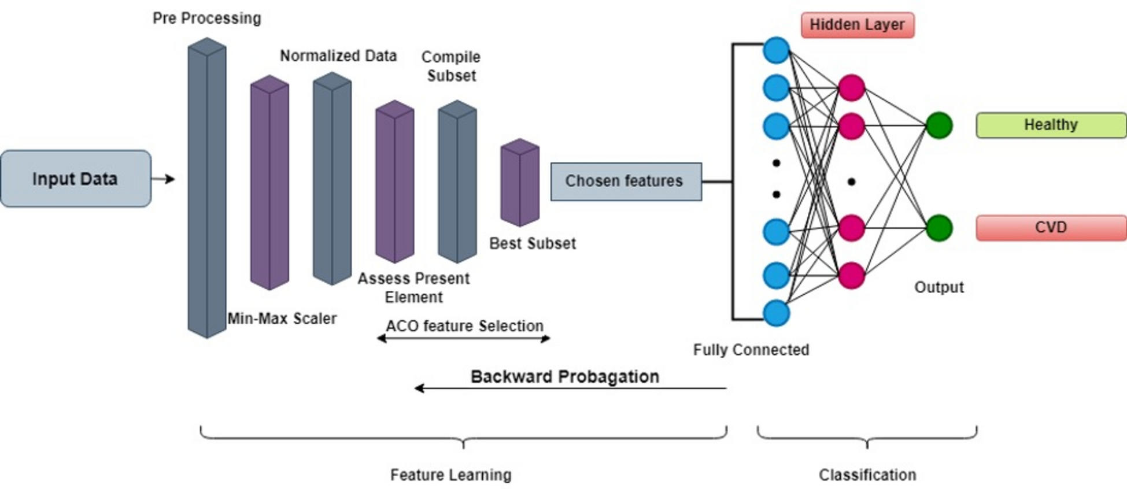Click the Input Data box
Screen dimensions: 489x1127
click(76, 179)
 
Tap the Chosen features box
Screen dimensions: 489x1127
click(626, 181)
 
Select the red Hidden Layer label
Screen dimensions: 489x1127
click(857, 25)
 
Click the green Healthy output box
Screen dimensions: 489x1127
click(1051, 125)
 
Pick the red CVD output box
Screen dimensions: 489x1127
click(1051, 228)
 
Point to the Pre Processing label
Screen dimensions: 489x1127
click(206, 18)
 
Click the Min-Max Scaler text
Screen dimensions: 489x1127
click(282, 318)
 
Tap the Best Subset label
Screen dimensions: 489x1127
click(532, 243)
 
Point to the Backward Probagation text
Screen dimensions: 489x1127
click(564, 377)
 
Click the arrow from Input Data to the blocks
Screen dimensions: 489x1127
click(164, 179)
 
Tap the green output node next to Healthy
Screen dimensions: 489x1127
click(939, 125)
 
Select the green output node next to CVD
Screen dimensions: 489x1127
click(939, 228)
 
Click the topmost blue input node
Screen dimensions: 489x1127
click(776, 50)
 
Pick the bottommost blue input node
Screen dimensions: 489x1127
click(776, 313)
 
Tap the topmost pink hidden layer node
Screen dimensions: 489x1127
click(851, 88)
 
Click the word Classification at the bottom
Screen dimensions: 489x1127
click(867, 475)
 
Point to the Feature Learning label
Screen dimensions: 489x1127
click(450, 475)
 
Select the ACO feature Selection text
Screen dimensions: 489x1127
click(464, 326)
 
